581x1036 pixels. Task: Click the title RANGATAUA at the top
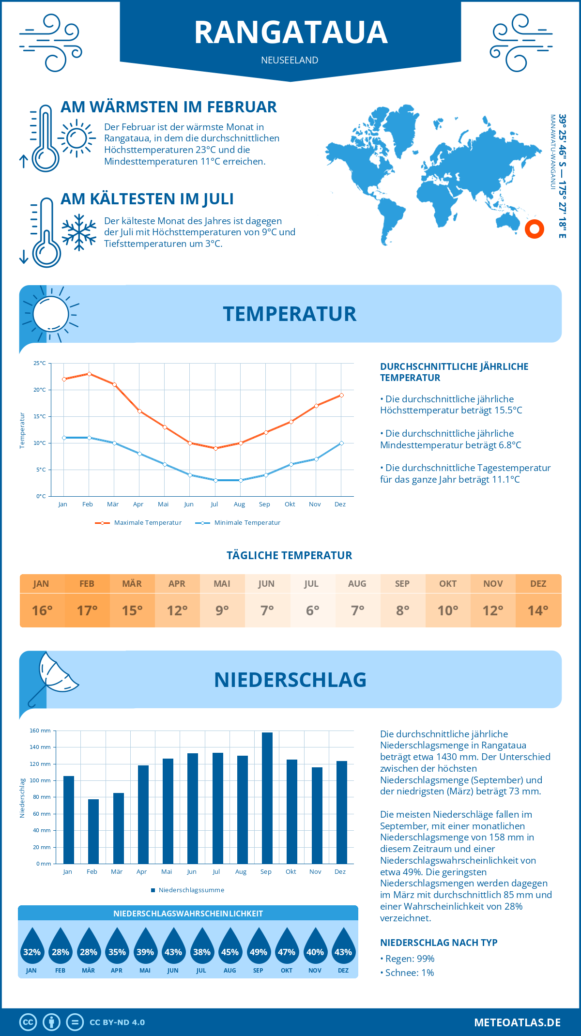(290, 32)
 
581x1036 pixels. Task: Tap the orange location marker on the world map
(535, 229)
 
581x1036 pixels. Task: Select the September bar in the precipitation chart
(267, 798)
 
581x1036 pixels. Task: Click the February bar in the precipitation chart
(93, 831)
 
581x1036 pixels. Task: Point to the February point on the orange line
(89, 374)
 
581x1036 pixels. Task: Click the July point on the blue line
(215, 480)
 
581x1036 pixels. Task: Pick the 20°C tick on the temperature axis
(40, 390)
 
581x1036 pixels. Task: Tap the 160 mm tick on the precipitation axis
(41, 731)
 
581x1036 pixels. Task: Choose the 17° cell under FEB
(87, 610)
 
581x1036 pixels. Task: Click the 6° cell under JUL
(312, 610)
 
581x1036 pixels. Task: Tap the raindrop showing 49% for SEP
(258, 946)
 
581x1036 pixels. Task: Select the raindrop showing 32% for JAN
(32, 946)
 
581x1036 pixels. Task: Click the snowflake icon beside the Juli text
(79, 232)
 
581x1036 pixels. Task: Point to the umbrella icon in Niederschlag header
(53, 675)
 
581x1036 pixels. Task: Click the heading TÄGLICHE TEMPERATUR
(289, 555)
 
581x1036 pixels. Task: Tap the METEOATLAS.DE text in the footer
(517, 1022)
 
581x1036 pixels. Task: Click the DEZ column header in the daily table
(538, 583)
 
